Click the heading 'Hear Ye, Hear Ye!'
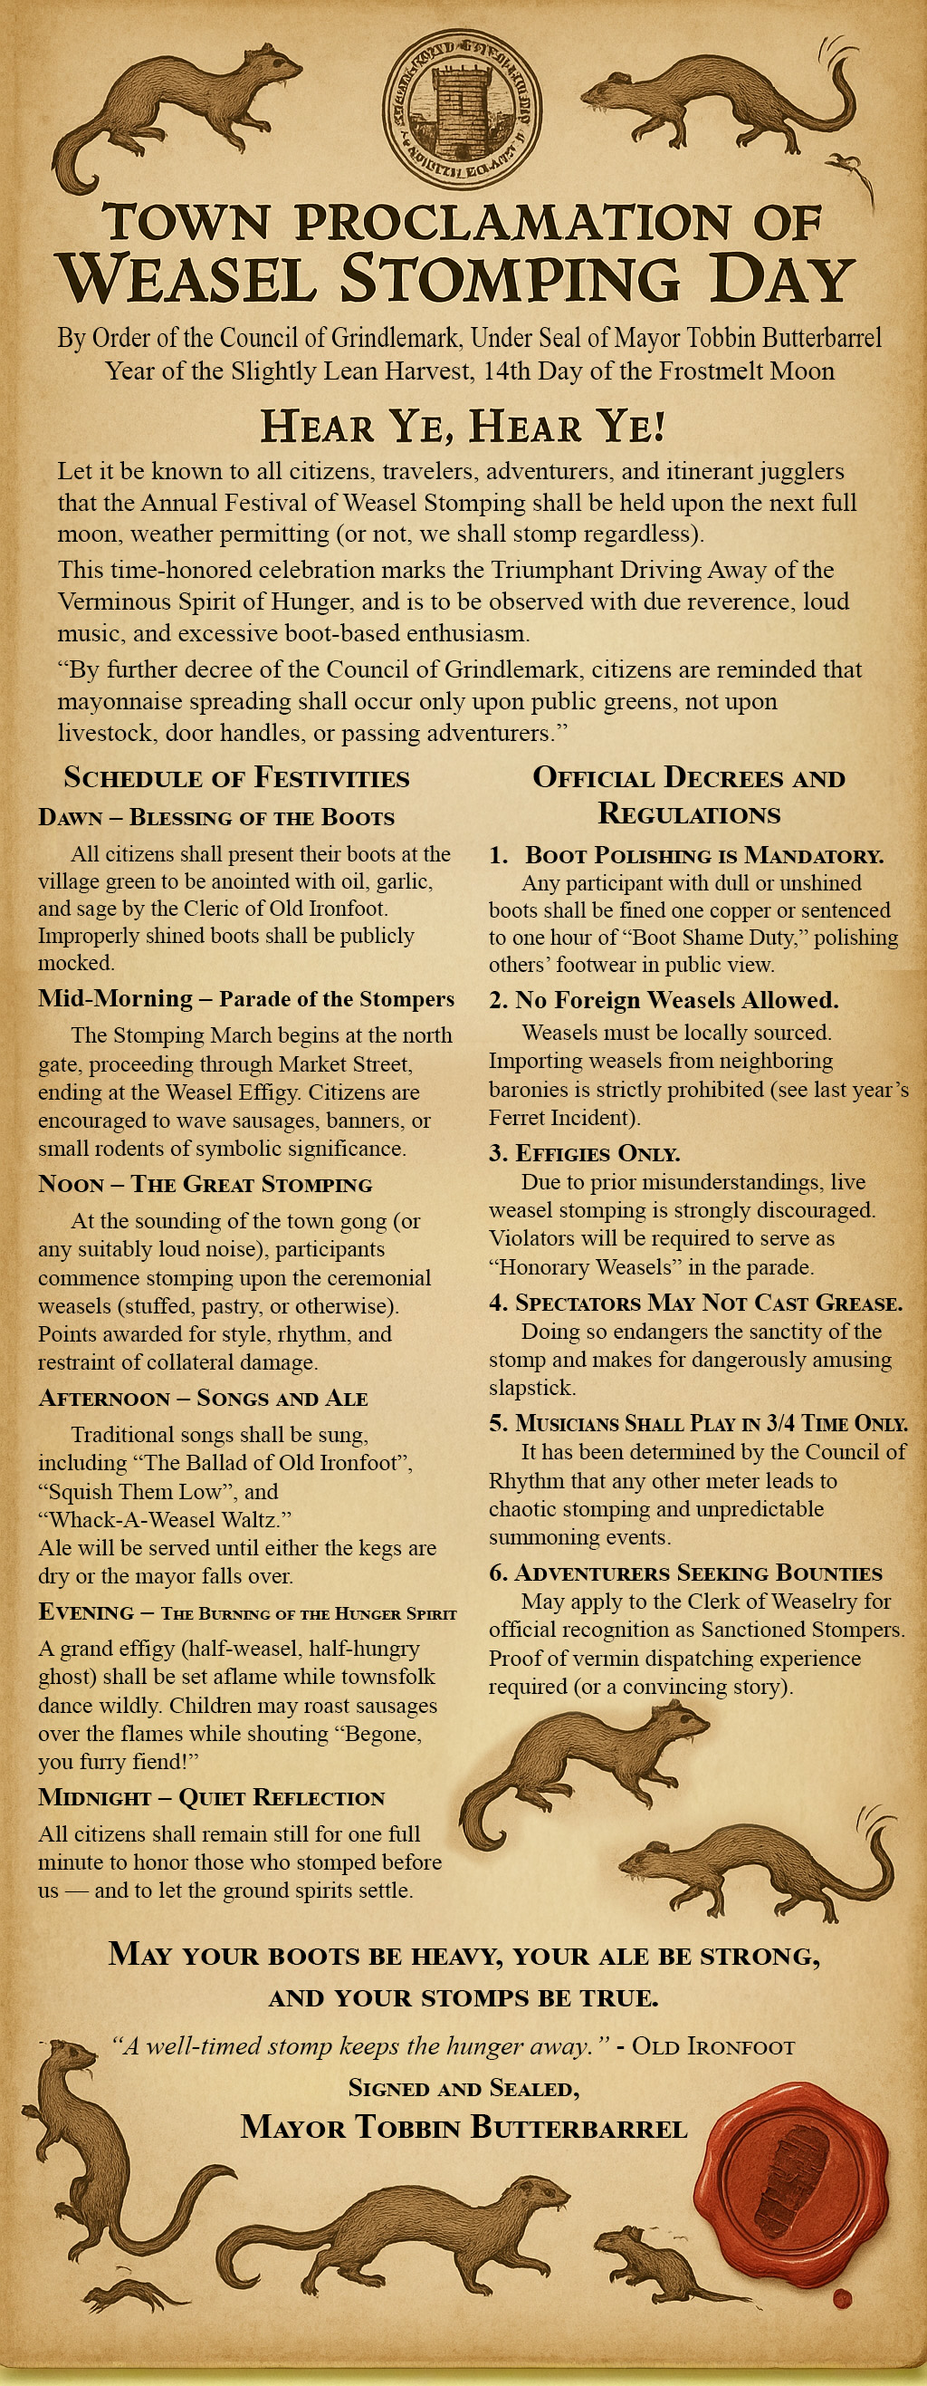tap(463, 426)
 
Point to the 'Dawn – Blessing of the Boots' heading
tap(216, 817)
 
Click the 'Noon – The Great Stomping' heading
tap(205, 1184)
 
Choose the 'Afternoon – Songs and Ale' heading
tap(203, 1398)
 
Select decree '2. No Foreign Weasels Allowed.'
tap(664, 999)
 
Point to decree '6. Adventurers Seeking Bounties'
tap(685, 1573)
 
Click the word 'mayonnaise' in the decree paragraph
tap(121, 701)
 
